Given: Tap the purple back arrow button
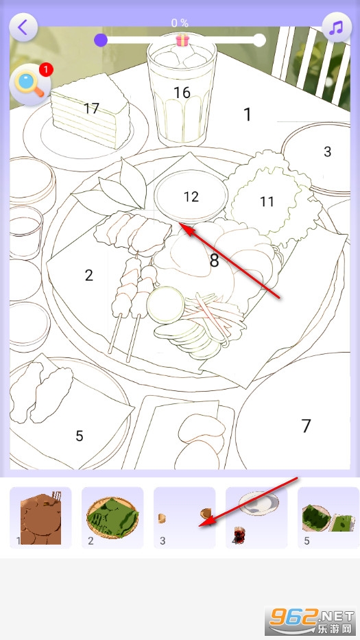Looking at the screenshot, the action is [x=23, y=27].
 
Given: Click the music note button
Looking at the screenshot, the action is [x=336, y=27].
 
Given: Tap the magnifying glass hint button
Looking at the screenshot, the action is [x=29, y=85].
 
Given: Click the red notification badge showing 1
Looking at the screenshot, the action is [x=46, y=70].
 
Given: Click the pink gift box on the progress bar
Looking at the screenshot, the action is [x=182, y=40].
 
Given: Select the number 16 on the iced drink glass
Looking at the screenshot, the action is [x=182, y=93].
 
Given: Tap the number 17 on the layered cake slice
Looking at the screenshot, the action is [x=91, y=108].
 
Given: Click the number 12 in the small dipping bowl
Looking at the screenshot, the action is [x=191, y=197].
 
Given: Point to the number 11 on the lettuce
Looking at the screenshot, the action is [x=267, y=201].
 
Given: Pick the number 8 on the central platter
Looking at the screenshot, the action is [x=214, y=260].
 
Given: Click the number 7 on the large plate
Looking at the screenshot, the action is [x=306, y=426].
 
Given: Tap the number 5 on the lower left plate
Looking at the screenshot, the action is [x=79, y=436].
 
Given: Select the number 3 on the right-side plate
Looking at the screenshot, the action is [x=327, y=152].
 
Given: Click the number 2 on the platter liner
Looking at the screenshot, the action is [x=88, y=275].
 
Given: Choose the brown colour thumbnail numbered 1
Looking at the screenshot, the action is [x=40, y=517].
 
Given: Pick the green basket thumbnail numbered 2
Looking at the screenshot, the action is [x=112, y=517].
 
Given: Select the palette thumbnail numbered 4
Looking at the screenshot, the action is [x=256, y=517].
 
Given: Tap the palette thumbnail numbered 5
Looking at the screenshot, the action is [x=328, y=517].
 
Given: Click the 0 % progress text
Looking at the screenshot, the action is [x=180, y=23].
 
